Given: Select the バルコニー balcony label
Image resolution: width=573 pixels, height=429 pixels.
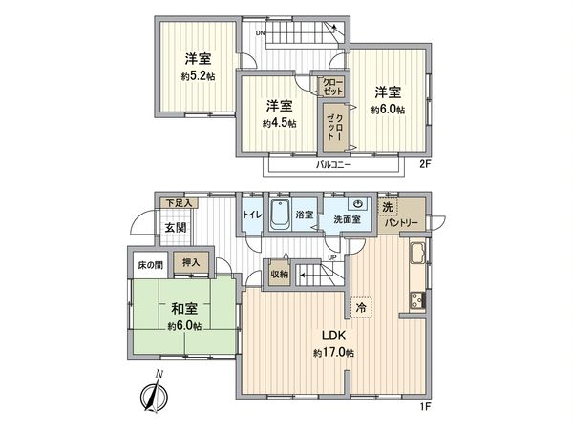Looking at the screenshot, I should pos(334,164).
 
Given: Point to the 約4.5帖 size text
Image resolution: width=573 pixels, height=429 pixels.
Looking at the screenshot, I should pos(280,123).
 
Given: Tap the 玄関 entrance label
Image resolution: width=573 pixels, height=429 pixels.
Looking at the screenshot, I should pos(175,228).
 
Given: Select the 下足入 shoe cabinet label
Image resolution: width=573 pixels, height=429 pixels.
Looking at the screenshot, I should pos(177,203).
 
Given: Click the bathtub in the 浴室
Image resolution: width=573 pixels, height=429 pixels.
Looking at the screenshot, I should pos(281,215).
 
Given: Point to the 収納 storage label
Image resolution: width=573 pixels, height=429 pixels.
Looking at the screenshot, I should pos(278,273).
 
